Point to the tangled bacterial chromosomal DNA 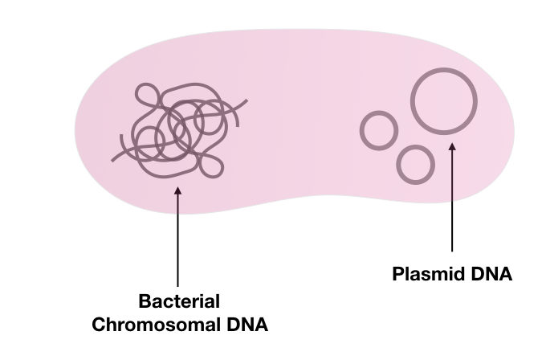tap(177, 129)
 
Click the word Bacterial tap(178, 303)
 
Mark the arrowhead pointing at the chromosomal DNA tap(177, 190)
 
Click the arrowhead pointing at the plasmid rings tap(452, 147)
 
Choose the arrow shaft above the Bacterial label tap(177, 241)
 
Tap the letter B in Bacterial tap(145, 303)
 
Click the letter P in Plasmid tap(398, 275)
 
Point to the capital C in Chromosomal tap(99, 325)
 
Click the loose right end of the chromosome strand tap(246, 101)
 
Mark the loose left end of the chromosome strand tap(112, 157)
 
